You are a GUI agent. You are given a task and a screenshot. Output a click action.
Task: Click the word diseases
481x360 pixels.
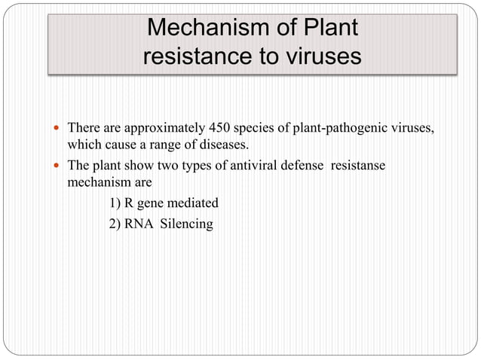tap(221, 144)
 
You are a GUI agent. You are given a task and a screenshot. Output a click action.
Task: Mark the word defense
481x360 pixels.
tap(316, 165)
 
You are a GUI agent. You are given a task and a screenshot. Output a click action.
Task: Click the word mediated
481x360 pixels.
tap(194, 203)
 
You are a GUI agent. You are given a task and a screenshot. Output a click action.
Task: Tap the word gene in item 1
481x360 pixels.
tap(155, 203)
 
